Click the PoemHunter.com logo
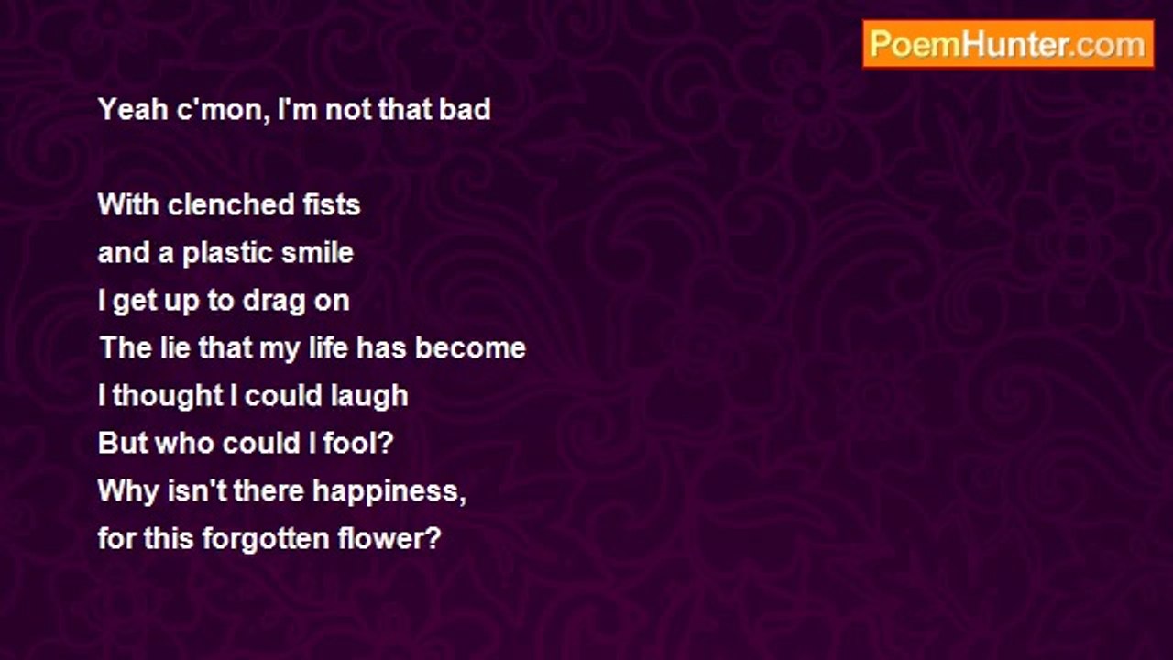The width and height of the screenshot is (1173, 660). (1008, 45)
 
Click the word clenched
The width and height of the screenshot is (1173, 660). (230, 204)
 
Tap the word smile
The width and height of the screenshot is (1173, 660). (317, 252)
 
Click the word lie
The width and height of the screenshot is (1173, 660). (175, 347)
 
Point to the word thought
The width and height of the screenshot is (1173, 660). (168, 396)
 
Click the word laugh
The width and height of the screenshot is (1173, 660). (369, 396)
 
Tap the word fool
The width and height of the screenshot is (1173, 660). (352, 443)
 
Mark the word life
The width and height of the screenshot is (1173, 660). (328, 347)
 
